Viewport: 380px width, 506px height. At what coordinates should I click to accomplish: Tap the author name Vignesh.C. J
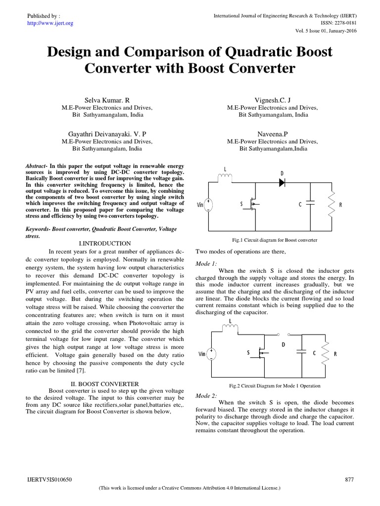point(273,100)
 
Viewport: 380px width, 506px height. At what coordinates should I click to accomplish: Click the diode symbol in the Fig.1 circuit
point(283,182)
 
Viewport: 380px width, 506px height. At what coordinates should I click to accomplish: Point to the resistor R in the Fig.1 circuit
point(332,203)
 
